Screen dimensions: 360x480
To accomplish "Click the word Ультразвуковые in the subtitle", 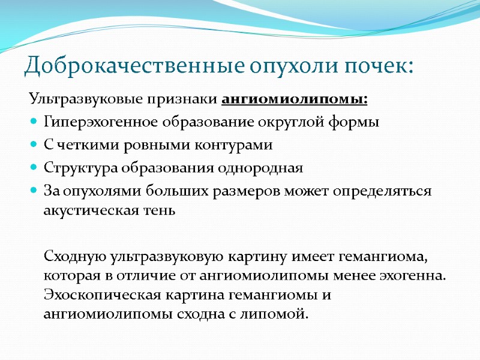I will click(x=71, y=98).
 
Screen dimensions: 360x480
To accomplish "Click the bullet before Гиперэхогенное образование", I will click(x=33, y=122).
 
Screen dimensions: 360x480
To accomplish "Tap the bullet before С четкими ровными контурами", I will click(x=33, y=145).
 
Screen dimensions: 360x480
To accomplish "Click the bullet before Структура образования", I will click(x=33, y=168).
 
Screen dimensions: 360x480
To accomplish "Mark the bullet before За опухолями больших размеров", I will click(x=33, y=191).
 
